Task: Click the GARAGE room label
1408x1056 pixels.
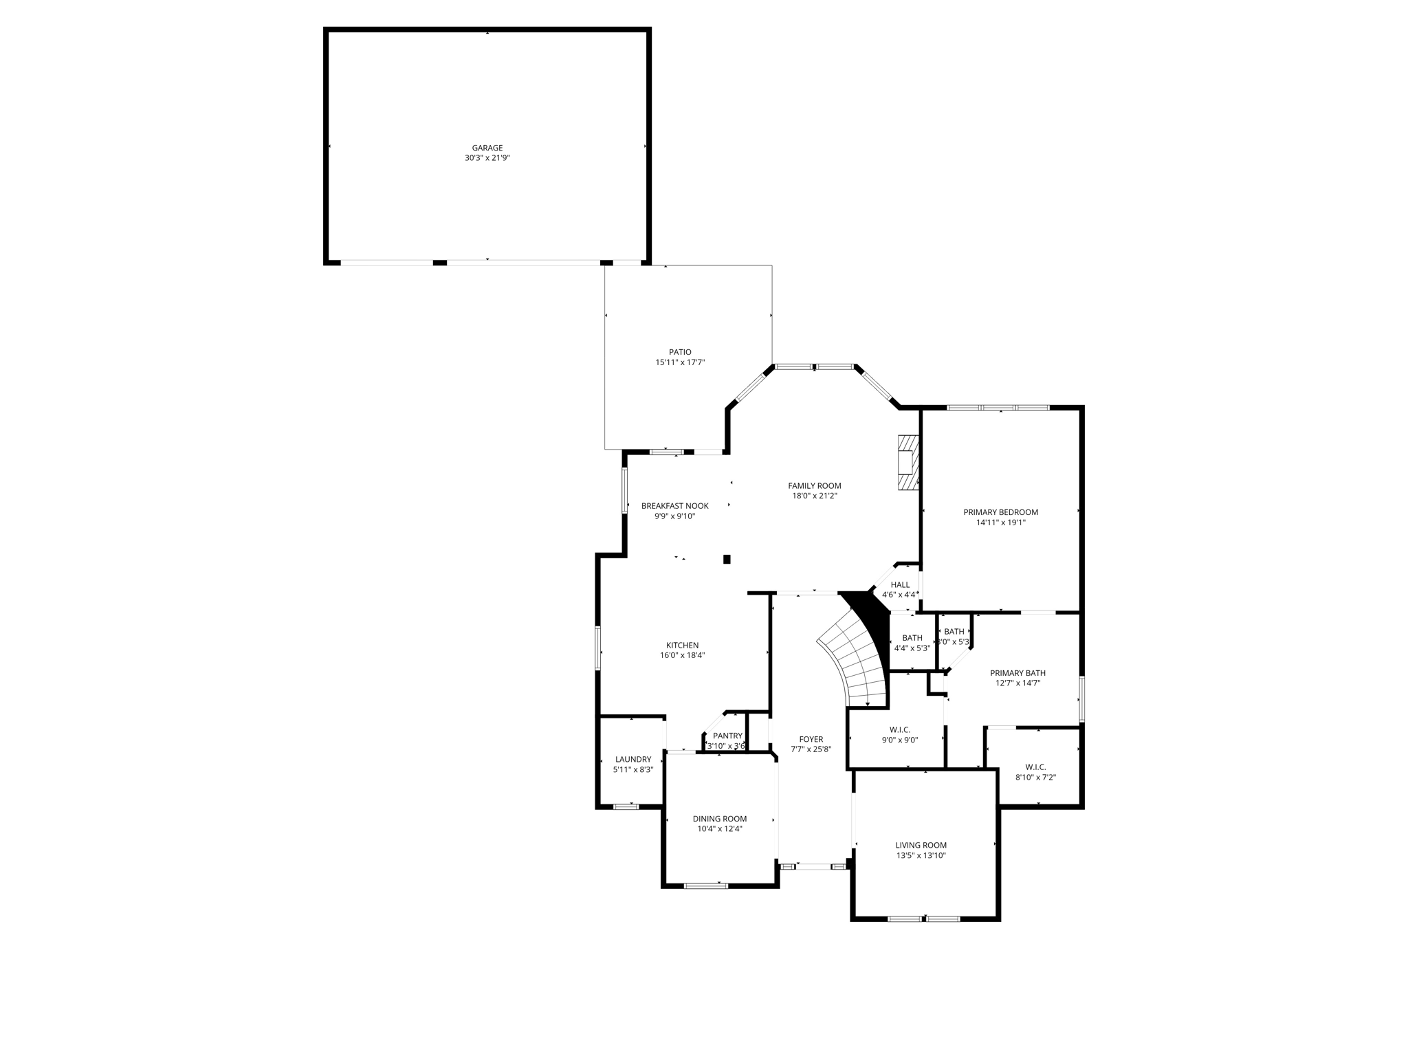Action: click(x=487, y=148)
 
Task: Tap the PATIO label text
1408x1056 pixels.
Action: click(x=680, y=352)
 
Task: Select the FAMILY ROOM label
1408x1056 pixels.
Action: click(x=815, y=486)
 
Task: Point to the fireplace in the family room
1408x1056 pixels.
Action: click(x=908, y=462)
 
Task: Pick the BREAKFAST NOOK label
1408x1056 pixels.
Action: click(x=674, y=506)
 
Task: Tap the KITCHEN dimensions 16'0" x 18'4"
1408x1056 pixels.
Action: click(x=682, y=655)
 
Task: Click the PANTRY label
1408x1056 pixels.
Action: click(x=727, y=736)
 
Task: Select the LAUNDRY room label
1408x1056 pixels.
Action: click(x=633, y=760)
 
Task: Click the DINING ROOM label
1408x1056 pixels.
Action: click(x=719, y=819)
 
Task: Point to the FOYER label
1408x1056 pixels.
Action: click(x=811, y=740)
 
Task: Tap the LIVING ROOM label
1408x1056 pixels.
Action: click(x=921, y=846)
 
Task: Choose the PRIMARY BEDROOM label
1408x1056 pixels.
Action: click(x=1000, y=512)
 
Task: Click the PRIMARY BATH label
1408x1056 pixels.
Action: click(x=1017, y=673)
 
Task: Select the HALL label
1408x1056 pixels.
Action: click(x=900, y=585)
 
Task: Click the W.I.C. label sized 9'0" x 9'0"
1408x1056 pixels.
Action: click(x=900, y=730)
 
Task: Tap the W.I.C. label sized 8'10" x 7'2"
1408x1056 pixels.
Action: click(x=1035, y=767)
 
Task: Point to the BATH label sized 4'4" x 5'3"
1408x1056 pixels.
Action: click(x=912, y=638)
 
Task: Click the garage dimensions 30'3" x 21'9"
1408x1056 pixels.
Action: click(x=487, y=158)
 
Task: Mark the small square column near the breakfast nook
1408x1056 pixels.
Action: click(x=727, y=560)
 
